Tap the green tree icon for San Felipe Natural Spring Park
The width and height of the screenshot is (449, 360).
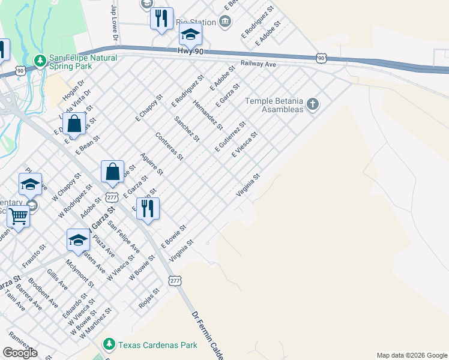click(40, 61)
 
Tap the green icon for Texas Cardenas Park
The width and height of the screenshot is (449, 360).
click(109, 344)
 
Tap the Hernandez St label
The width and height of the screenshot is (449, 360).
click(208, 115)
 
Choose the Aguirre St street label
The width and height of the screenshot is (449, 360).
click(151, 163)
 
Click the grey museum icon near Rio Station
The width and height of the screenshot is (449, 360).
click(224, 23)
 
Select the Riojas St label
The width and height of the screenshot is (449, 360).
click(149, 298)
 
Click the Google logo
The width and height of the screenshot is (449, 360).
click(20, 352)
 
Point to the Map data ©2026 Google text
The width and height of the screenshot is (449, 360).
click(412, 355)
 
